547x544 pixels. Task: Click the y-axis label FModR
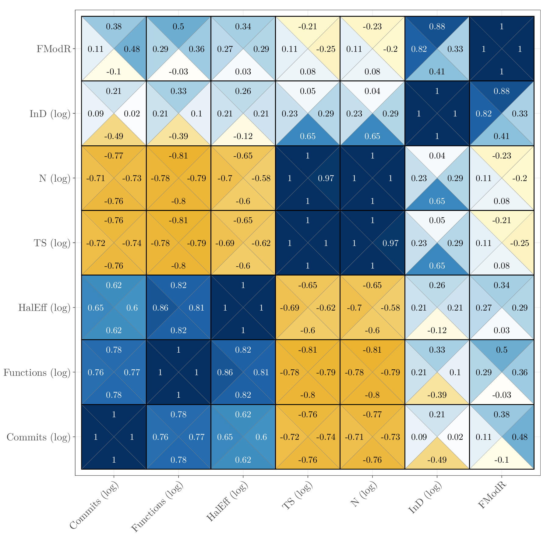coord(54,49)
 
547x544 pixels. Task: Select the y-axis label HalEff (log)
coord(44,308)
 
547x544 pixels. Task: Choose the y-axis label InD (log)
coord(50,114)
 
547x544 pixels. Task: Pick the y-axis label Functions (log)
coord(37,372)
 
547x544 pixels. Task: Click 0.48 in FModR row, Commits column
coord(132,49)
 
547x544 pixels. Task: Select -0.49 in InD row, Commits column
coord(114,136)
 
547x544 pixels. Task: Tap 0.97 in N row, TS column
coord(326,178)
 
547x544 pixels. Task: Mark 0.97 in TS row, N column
coord(390,243)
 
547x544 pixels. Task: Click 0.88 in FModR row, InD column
coord(437,27)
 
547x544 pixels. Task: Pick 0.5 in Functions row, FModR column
coord(502,350)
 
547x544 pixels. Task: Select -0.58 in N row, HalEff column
coord(261,178)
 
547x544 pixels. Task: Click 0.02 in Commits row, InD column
coord(455,437)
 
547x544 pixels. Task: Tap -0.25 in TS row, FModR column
coord(520,243)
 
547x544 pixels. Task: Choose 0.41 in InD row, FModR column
coord(502,136)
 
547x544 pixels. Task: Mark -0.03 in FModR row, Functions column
coord(178,72)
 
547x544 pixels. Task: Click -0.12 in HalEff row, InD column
coord(437,330)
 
